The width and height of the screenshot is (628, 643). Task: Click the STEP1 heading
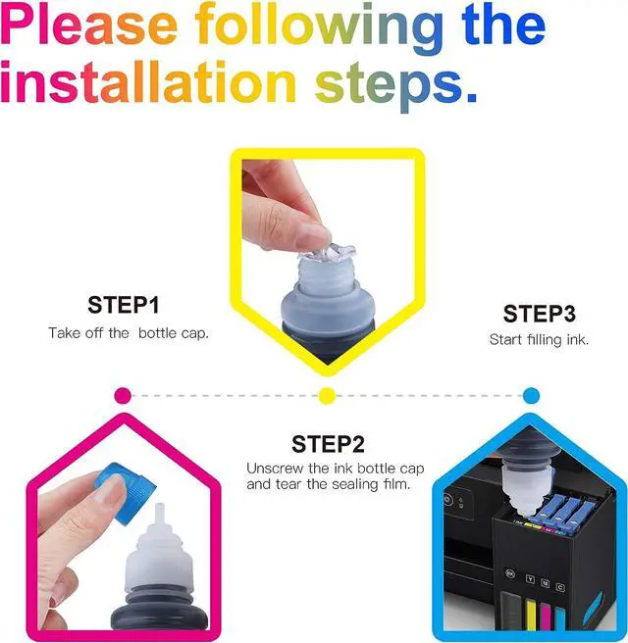(123, 305)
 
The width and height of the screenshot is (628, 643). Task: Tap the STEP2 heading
(328, 444)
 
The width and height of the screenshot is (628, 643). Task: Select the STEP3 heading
(540, 314)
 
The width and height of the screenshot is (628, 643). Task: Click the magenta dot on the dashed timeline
(123, 396)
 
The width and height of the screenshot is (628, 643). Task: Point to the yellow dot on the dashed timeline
(327, 396)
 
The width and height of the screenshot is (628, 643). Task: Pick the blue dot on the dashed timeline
(531, 396)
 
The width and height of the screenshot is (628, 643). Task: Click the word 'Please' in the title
(89, 25)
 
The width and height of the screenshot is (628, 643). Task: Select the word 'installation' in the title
(148, 82)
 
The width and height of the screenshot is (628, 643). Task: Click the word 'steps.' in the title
(396, 87)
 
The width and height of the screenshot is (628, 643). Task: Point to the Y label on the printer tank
(530, 579)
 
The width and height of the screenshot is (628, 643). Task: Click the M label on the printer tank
(546, 582)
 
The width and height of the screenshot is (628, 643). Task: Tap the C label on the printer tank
(560, 587)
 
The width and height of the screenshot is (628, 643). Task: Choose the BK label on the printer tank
(510, 573)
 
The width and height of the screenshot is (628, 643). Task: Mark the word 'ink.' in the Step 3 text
(578, 339)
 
